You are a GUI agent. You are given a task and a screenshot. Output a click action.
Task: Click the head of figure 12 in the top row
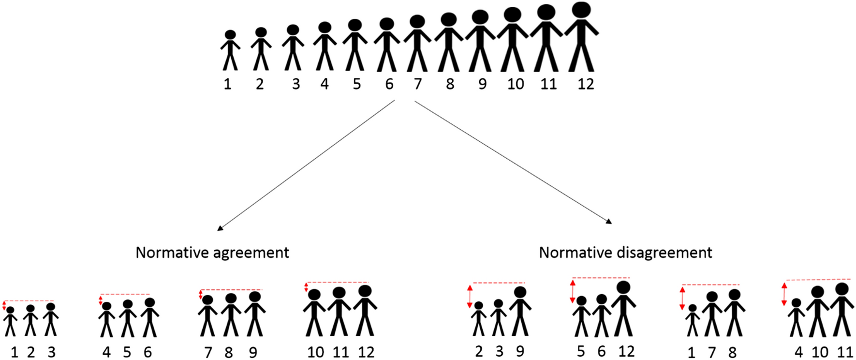click(x=581, y=10)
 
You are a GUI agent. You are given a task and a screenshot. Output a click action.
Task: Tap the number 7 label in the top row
click(x=418, y=84)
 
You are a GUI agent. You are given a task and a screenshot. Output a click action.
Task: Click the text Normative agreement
click(x=212, y=253)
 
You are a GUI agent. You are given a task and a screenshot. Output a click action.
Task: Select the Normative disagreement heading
click(x=625, y=253)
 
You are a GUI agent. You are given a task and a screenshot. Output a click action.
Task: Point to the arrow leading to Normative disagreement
click(x=513, y=162)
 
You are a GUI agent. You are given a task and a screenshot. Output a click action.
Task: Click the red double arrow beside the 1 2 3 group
click(x=4, y=305)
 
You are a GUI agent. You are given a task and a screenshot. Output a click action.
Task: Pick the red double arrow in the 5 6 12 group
click(x=573, y=291)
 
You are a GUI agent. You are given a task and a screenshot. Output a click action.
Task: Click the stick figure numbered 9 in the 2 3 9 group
click(x=520, y=312)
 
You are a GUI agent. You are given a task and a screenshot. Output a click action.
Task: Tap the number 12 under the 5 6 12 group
click(x=626, y=351)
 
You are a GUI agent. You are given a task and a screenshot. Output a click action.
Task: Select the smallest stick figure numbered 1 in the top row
click(x=230, y=51)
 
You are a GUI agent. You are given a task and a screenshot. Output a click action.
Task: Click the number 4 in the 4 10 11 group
click(x=798, y=352)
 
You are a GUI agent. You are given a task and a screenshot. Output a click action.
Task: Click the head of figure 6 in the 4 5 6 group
click(x=150, y=302)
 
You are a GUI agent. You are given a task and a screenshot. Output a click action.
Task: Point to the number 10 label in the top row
click(x=516, y=84)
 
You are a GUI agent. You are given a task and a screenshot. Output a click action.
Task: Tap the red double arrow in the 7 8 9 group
click(x=201, y=295)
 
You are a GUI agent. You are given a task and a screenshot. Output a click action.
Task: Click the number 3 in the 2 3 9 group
click(x=499, y=352)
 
